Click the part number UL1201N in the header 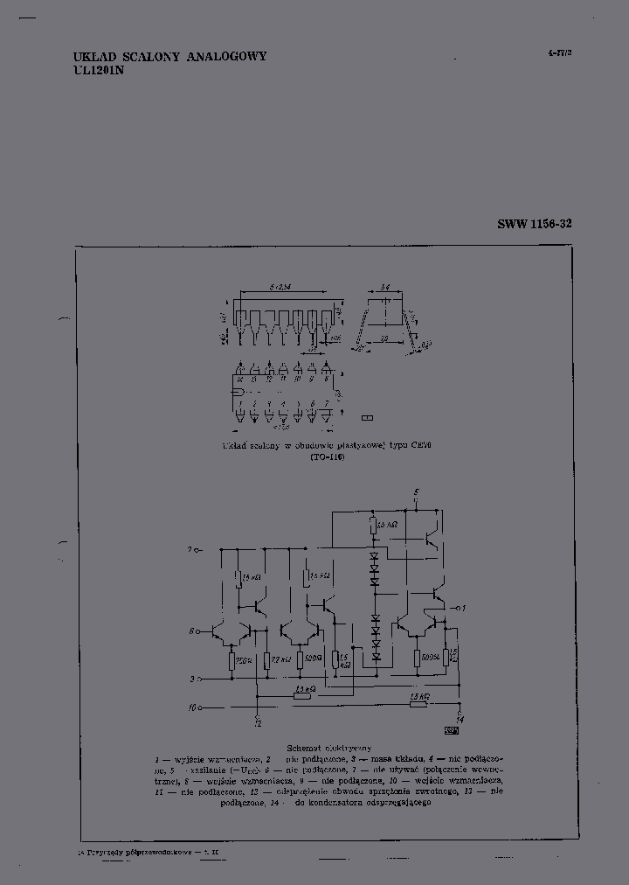99,71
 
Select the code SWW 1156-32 535,224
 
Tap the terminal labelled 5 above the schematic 417,493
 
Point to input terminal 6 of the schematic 190,630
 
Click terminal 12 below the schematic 257,722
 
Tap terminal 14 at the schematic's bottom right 460,719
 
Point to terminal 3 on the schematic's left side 192,678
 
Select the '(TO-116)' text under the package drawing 328,457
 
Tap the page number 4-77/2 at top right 559,52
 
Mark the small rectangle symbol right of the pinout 367,418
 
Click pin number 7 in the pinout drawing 326,403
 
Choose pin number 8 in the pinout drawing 326,379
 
